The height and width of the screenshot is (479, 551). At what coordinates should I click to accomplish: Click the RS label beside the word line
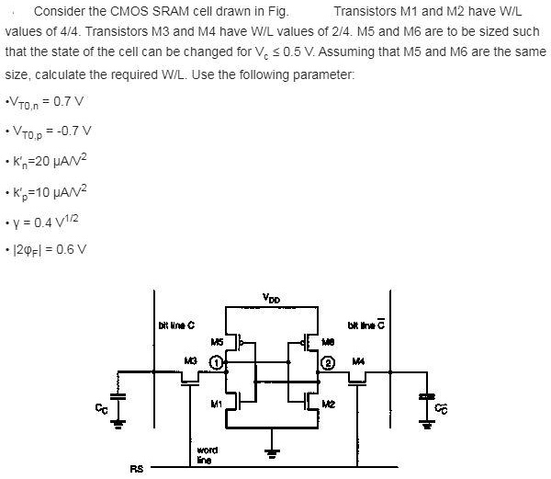[x=137, y=470]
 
